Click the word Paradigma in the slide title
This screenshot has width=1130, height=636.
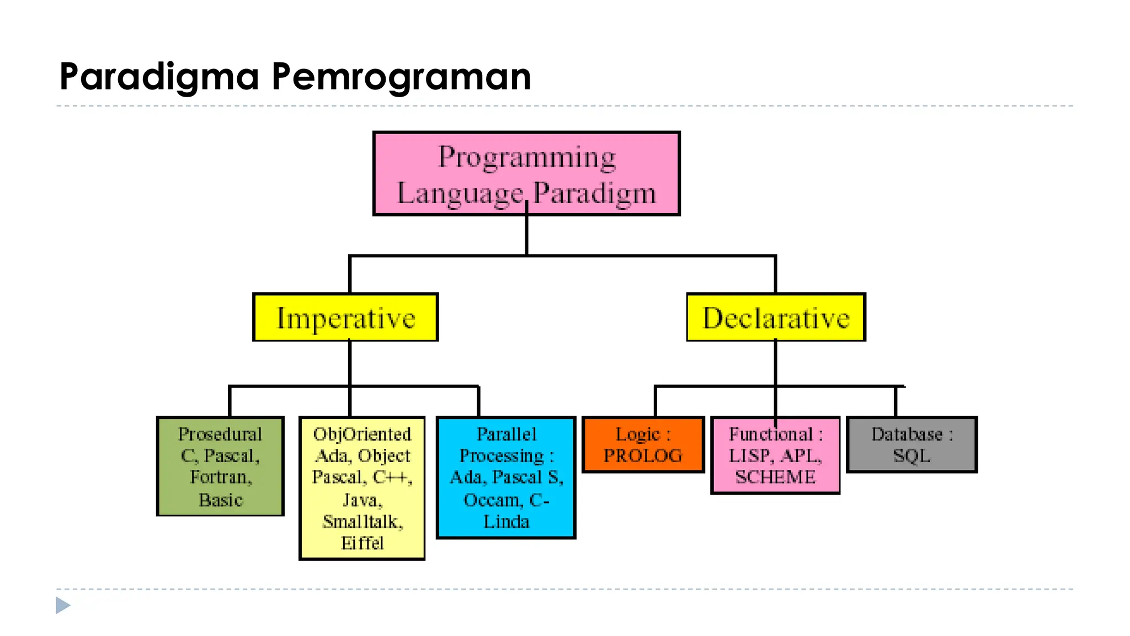coord(159,76)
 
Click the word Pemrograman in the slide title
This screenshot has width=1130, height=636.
coord(401,76)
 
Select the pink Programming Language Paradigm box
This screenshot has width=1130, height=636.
coord(526,174)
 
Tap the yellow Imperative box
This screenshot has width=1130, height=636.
coord(345,318)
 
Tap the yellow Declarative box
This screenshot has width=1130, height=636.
coord(776,318)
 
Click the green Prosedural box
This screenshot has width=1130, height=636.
coord(220,467)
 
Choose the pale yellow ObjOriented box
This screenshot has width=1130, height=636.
coord(362,489)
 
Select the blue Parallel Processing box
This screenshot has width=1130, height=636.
coord(506,478)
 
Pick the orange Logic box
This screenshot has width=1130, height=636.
coord(643,445)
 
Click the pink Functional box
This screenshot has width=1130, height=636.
coord(775,455)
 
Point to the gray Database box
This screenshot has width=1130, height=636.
coord(912,445)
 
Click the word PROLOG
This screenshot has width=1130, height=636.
coord(643,456)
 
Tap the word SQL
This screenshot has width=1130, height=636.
coord(912,456)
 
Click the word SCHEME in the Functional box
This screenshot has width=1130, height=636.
coord(775,477)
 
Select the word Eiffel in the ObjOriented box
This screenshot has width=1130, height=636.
coord(362,543)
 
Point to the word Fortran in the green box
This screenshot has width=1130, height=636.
coord(220,477)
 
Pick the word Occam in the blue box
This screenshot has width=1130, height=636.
coord(492,500)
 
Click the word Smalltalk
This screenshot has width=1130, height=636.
coord(363,522)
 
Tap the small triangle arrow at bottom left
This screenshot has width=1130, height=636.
coord(62,605)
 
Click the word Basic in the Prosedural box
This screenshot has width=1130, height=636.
coord(221,500)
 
